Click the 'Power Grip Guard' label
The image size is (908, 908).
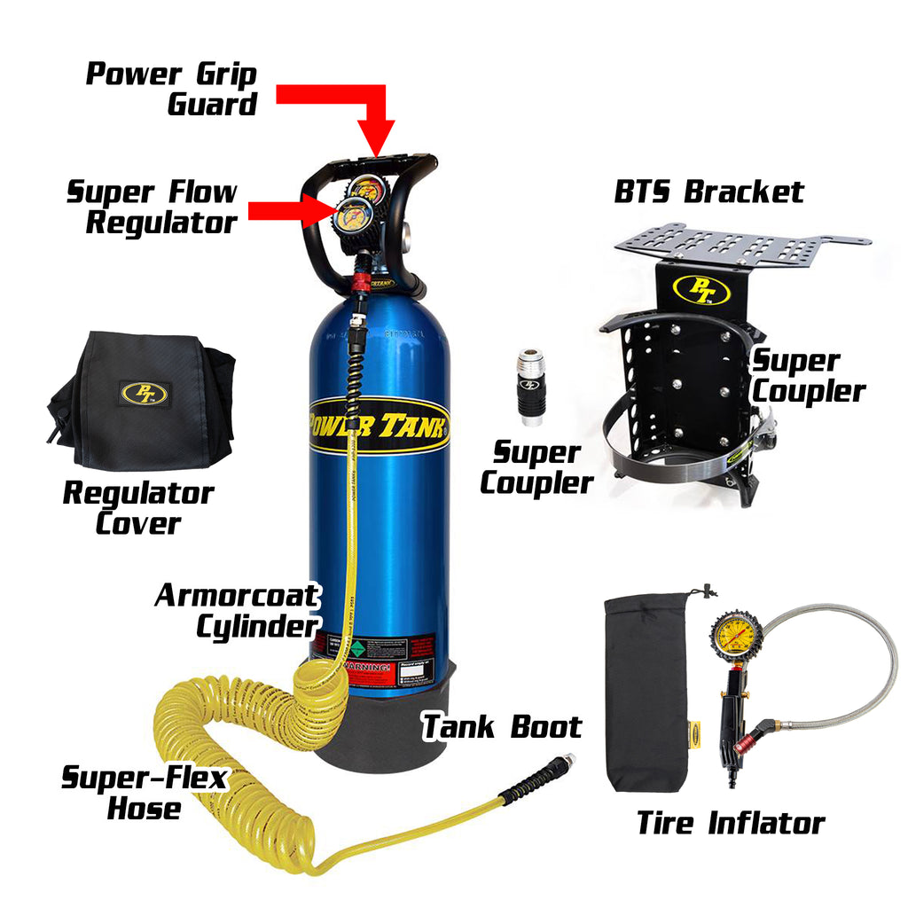171,89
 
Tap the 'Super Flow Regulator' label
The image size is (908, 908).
153,207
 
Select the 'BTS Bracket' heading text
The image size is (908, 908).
709,192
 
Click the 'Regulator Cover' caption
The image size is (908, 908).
137,507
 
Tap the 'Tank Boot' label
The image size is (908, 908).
501,726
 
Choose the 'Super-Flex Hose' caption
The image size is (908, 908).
144,793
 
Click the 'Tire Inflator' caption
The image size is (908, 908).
730,822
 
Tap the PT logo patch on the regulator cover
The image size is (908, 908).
144,393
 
